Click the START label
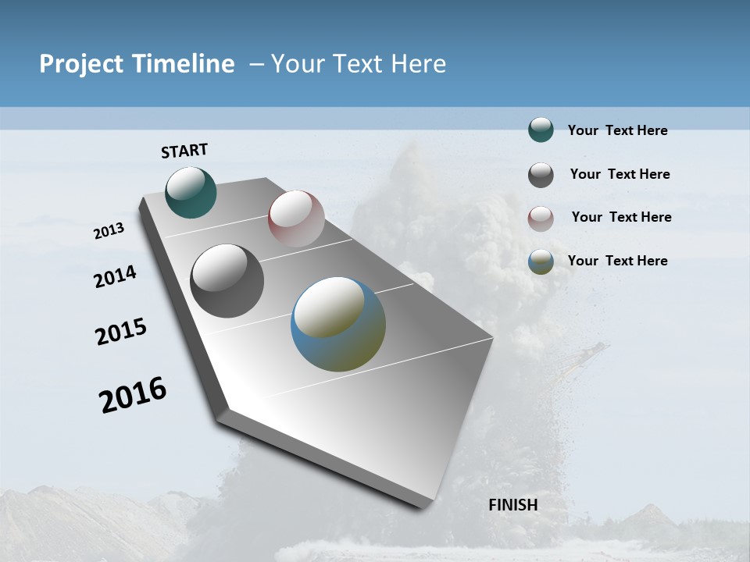click(x=184, y=151)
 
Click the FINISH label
click(x=513, y=505)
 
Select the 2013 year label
click(x=109, y=231)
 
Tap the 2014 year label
click(x=116, y=277)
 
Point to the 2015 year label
click(x=121, y=332)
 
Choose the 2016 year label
click(x=133, y=395)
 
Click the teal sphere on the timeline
click(x=191, y=192)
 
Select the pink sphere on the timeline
click(x=296, y=219)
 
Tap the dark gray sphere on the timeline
click(x=227, y=281)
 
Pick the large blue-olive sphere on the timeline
click(x=338, y=324)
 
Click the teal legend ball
click(x=541, y=130)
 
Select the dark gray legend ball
click(x=541, y=175)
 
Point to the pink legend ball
click(x=541, y=219)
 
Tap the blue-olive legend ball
click(x=541, y=261)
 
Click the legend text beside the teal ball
click(x=617, y=130)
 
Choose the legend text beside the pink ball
click(x=621, y=217)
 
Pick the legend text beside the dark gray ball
click(x=620, y=174)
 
